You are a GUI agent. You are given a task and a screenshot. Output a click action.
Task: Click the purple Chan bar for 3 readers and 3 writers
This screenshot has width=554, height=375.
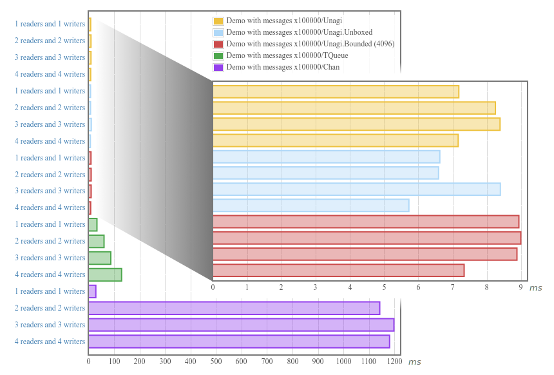point(241,325)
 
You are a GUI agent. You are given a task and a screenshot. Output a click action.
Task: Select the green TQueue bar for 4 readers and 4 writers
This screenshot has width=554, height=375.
point(105,274)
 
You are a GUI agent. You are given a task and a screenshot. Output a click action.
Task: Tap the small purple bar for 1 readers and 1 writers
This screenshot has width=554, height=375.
point(92,291)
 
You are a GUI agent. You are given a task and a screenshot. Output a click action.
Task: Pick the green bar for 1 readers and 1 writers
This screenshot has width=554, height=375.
point(93,224)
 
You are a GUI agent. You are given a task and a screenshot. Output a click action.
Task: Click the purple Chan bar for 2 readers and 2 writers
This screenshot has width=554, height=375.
point(234,308)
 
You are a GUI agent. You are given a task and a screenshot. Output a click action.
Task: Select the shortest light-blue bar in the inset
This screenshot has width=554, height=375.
point(310,206)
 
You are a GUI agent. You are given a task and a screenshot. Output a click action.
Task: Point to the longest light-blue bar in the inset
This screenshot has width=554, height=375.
point(356,189)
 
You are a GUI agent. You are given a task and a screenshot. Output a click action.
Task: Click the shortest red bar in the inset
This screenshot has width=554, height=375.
point(338,271)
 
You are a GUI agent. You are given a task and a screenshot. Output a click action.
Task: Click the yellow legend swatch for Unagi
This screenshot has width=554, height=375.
point(218,21)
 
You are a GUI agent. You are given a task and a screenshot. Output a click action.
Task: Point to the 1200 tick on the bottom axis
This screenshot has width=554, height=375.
point(395,361)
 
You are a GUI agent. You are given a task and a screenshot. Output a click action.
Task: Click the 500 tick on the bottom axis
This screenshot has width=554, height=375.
point(216,361)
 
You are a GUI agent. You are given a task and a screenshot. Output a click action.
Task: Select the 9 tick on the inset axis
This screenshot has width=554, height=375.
point(521,287)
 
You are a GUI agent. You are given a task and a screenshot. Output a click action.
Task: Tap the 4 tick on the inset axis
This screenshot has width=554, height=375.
point(350,287)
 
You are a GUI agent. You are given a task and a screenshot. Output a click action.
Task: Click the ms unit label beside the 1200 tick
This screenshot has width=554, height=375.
point(414,362)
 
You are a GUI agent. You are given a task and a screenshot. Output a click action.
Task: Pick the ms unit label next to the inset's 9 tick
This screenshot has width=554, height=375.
point(535,288)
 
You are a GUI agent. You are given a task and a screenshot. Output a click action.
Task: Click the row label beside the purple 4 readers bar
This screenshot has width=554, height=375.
point(50,341)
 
